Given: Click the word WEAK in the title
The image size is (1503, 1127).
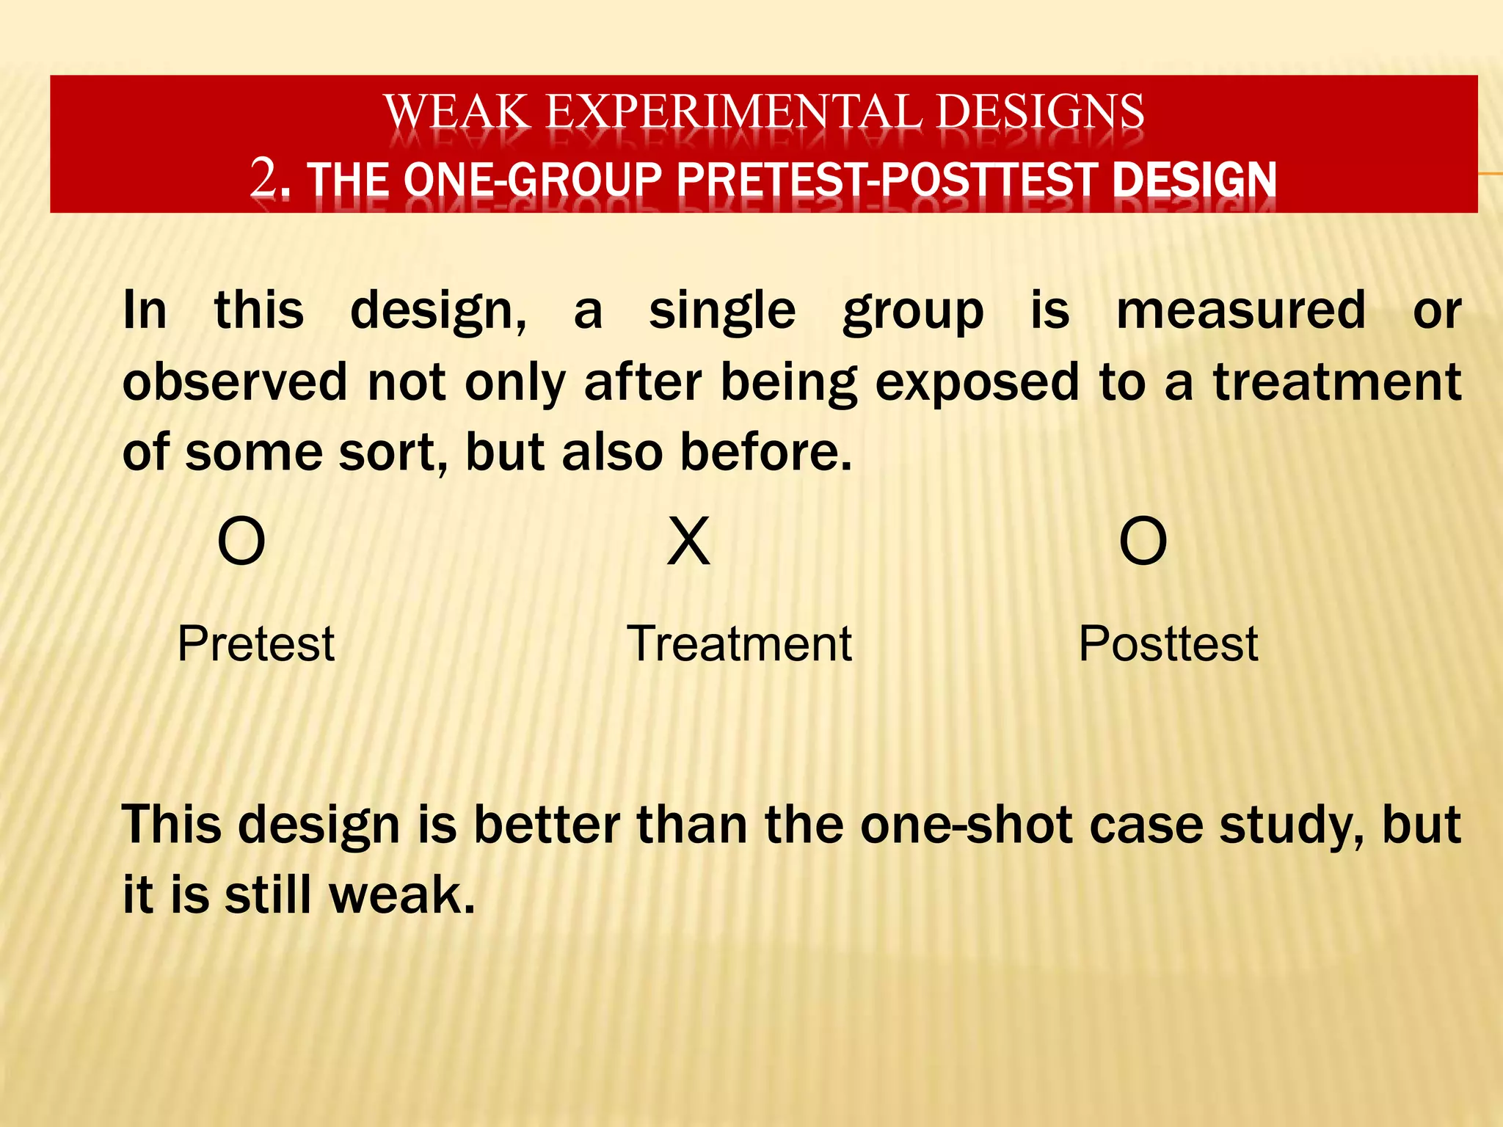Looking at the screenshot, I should pos(456,112).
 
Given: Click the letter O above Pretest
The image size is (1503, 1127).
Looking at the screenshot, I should pos(241,541).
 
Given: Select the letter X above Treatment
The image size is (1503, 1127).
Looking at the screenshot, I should pos(688,541).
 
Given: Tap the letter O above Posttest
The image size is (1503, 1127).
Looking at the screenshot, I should pos(1143,541).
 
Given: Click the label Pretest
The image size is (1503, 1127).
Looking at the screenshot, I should pos(256,644).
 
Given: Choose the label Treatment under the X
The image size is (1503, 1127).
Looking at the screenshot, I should pos(739,644).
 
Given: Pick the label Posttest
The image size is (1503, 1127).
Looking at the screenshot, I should pos(1168,644).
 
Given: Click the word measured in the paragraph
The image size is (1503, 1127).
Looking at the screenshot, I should pos(1241,310).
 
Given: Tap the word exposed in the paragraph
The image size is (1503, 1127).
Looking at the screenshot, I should pos(977,383).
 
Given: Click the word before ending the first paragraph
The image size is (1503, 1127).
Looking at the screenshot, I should pos(765,452).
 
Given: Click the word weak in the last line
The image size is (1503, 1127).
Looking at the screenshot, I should pos(401,895).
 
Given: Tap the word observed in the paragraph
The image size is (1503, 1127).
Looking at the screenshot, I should pos(235,382).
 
